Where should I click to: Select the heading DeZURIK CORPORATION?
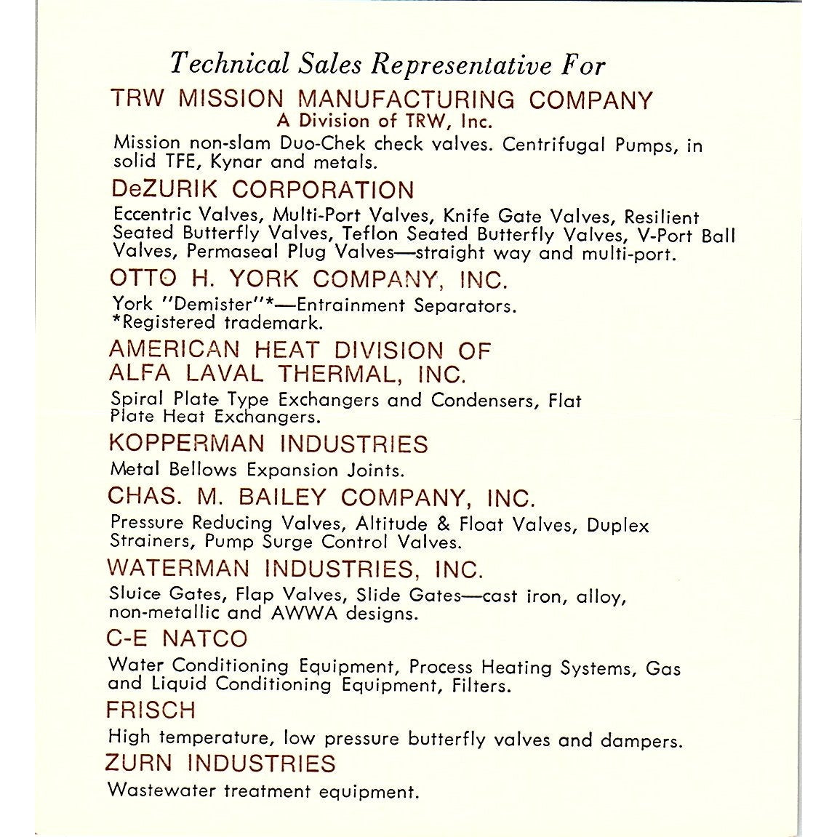tap(263, 191)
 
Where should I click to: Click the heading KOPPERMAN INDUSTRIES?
tap(268, 444)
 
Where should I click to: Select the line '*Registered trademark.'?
tap(217, 322)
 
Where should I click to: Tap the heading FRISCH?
tap(151, 709)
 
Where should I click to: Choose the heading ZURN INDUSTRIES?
tap(221, 764)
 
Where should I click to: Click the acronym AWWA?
tap(303, 613)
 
